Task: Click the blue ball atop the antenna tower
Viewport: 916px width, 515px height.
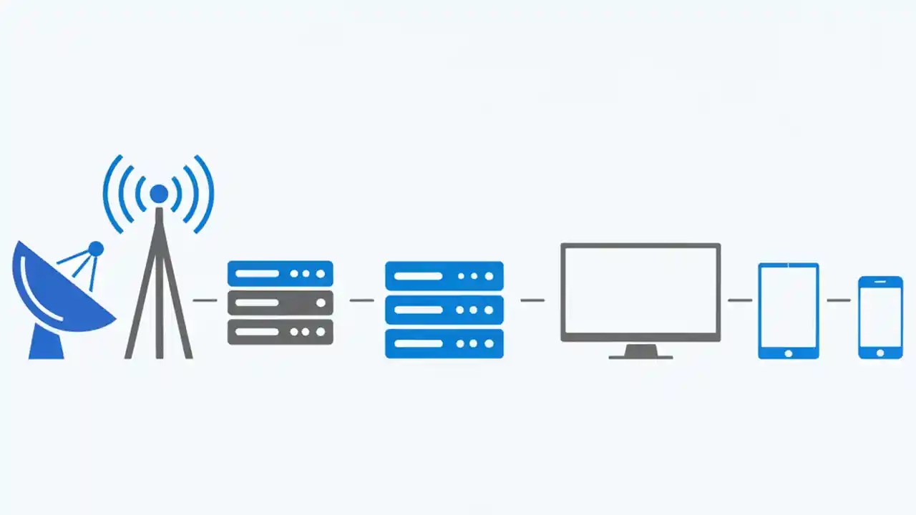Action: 159,193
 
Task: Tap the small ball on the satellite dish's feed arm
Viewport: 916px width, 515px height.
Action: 95,249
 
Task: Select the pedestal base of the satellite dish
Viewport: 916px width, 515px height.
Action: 46,345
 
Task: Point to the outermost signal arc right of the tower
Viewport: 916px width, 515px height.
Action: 205,194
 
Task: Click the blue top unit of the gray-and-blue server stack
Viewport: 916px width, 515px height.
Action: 280,273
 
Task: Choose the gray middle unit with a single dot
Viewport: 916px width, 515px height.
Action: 280,303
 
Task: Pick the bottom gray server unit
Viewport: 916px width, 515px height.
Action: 280,332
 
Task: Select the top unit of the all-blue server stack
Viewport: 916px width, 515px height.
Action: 444,275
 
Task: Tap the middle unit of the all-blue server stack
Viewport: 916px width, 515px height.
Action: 444,310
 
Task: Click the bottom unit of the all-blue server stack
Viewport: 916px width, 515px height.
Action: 444,343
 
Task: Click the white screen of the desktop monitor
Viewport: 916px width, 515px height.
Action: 640,293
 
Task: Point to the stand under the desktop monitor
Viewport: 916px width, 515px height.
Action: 640,352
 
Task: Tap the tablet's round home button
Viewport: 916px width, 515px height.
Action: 788,353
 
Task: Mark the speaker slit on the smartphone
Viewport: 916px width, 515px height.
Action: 880,282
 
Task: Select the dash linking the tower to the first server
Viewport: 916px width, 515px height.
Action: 205,300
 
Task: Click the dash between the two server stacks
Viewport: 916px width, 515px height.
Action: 361,300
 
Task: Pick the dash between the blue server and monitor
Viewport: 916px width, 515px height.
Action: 532,300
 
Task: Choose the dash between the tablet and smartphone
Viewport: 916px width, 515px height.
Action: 838,300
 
